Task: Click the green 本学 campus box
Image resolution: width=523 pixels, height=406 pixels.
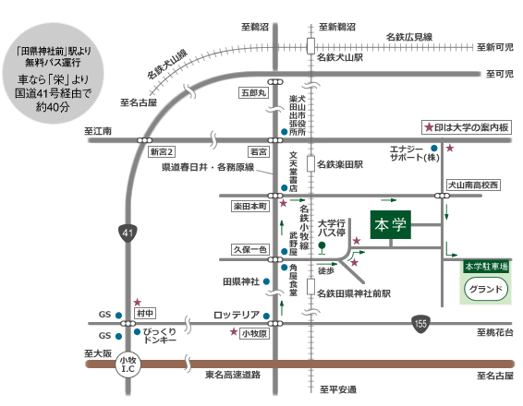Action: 391,225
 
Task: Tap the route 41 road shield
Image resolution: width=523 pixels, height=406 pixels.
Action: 128,233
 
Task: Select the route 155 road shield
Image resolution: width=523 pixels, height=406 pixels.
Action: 420,323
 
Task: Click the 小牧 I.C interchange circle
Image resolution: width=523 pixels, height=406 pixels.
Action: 128,364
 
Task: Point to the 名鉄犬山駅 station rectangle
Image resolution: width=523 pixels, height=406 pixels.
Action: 310,46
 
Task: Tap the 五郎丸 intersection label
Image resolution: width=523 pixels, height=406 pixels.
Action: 254,93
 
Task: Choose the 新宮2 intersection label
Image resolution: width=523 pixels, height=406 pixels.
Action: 162,152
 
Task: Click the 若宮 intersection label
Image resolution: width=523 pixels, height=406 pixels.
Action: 259,152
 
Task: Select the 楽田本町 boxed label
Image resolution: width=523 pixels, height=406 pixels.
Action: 250,206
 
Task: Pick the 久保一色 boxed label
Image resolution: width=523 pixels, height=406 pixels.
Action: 250,249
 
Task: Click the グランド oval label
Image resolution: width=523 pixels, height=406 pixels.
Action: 486,289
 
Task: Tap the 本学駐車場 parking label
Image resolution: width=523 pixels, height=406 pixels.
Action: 486,267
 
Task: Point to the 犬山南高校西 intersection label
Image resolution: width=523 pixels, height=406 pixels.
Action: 473,185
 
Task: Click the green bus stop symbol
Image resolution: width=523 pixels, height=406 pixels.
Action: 322,248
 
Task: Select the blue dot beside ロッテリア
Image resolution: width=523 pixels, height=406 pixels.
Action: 266,316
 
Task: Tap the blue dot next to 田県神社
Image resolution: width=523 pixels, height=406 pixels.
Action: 266,281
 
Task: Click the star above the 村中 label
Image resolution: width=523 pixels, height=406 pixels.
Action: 138,302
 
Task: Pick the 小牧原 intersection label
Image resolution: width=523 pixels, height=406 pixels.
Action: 254,333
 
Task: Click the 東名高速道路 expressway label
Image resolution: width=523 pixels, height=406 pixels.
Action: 233,375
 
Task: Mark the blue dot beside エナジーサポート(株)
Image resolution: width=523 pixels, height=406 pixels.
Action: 434,148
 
